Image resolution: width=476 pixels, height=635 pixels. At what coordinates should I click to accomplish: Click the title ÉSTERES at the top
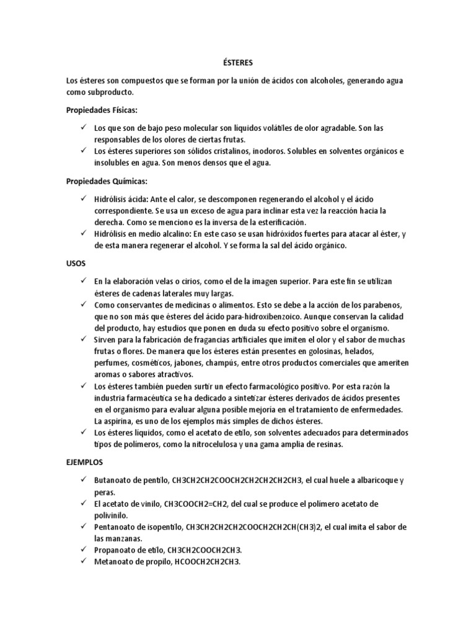238,63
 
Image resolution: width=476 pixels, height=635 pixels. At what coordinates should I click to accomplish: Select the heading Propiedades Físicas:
102,110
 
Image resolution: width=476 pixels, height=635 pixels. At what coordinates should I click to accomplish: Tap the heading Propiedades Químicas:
107,181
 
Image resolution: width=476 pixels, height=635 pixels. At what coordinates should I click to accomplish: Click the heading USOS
77,264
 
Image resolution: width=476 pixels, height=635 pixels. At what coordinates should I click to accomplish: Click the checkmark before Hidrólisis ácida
83,198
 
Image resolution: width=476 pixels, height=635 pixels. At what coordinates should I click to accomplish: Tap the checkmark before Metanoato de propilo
83,562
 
